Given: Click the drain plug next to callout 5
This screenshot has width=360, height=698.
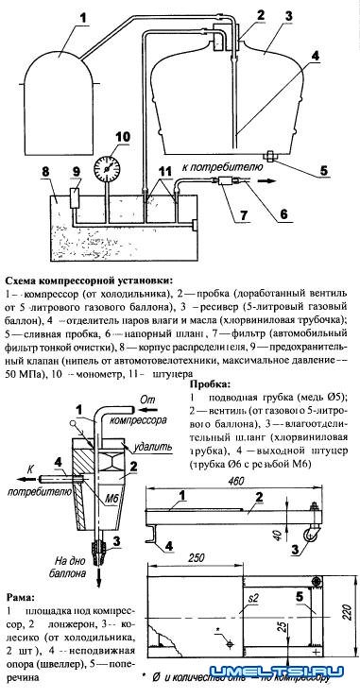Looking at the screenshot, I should tap(269, 155).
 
